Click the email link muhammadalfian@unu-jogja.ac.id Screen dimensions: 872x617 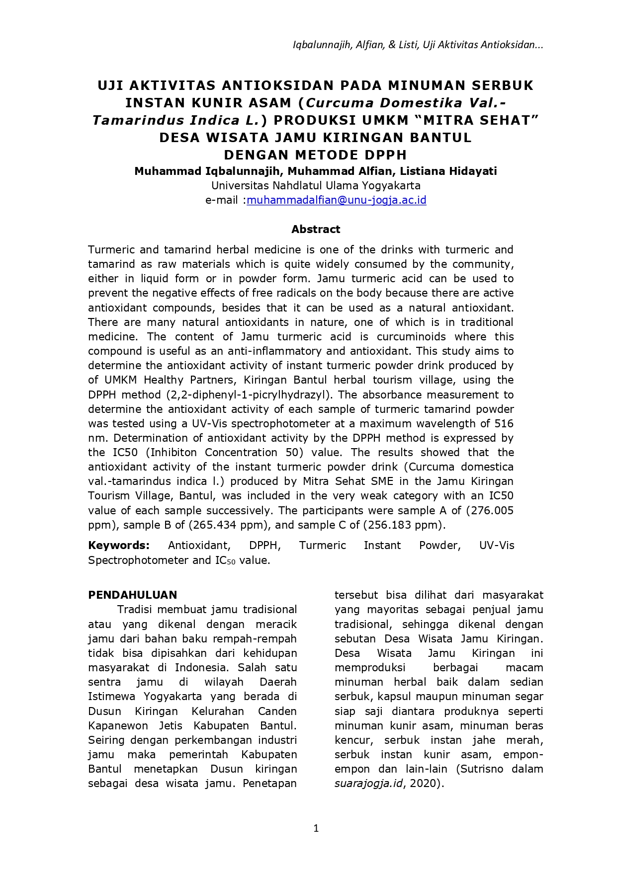(337, 200)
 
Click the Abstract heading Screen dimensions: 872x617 (316, 229)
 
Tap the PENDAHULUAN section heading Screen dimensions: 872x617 (132, 595)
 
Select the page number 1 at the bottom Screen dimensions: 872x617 (316, 828)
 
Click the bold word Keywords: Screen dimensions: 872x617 (119, 545)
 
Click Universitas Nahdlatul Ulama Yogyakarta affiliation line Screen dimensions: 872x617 (316, 186)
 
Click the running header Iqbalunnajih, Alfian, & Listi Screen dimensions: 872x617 (355, 45)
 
